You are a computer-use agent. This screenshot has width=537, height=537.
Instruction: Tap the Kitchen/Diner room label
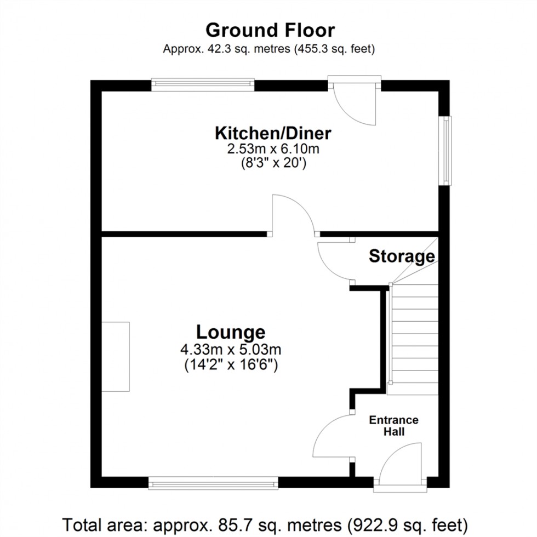273,133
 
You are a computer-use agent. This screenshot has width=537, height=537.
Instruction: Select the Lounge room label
231,332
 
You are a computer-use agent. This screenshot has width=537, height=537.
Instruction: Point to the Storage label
402,256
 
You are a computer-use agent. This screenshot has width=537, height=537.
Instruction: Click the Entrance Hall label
393,426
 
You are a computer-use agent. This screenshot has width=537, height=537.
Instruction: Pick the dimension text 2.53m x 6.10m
273,148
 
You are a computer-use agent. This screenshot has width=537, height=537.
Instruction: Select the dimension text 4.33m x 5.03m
231,350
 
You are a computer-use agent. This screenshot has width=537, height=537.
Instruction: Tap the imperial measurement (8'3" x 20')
273,163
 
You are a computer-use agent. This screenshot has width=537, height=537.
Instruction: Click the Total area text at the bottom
268,522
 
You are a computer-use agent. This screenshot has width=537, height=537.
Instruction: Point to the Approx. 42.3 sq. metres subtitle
268,49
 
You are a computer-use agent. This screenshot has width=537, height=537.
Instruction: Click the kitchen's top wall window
203,84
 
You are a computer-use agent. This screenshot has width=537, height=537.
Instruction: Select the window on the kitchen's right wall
448,150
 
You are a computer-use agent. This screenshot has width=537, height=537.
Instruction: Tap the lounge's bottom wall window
213,483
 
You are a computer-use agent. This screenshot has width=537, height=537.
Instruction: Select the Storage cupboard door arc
333,262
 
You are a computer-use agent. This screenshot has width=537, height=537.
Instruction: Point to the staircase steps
413,340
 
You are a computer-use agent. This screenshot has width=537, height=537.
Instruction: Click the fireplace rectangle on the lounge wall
115,357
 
